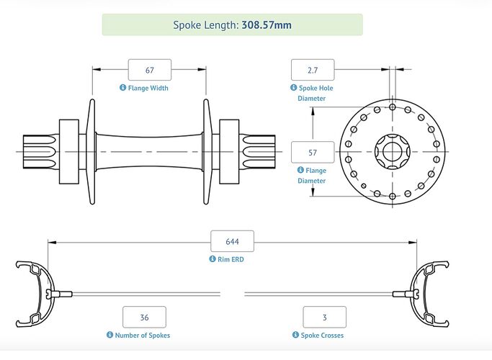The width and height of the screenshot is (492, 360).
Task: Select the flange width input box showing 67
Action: click(150, 70)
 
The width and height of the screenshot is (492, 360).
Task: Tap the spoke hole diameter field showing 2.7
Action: click(313, 70)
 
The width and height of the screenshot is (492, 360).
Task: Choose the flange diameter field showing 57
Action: click(313, 153)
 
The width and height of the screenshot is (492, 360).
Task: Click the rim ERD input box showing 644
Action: click(231, 241)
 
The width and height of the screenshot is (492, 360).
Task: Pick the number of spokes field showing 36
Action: click(144, 317)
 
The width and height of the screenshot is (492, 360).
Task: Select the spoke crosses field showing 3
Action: click(324, 317)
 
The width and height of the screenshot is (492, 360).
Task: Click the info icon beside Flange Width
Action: click(122, 88)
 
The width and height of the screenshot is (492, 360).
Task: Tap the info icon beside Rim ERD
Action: click(213, 259)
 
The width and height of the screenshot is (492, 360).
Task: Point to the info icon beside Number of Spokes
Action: click(110, 335)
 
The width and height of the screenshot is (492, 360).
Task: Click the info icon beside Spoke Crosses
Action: click(295, 335)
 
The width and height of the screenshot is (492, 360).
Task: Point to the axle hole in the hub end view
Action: click(392, 153)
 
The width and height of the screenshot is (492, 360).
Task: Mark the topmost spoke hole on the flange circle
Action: click(392, 107)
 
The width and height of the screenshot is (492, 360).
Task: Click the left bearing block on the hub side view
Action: click(69, 153)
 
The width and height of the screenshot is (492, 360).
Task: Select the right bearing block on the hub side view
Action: click(229, 153)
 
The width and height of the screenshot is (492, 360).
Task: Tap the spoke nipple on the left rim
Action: click(58, 293)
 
